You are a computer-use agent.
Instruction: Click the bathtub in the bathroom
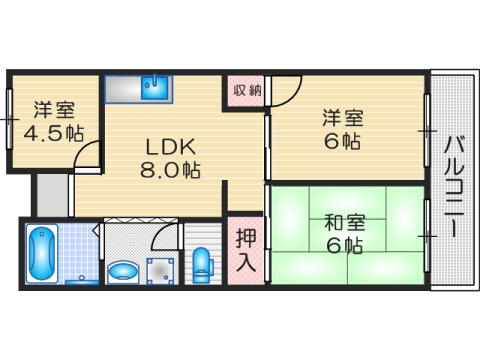[x=42, y=254]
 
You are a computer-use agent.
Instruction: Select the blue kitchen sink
[x=155, y=87]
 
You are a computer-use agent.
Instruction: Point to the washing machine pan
[x=160, y=271]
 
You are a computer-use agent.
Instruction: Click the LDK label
[x=170, y=147]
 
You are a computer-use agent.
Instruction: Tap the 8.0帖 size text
[x=170, y=170]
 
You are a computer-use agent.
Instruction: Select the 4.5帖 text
[x=53, y=133]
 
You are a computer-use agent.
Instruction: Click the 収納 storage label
[x=247, y=90]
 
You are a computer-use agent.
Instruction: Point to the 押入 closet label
[x=246, y=250]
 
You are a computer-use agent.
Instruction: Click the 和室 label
[x=345, y=223]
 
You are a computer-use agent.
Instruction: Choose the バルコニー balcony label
[x=454, y=187]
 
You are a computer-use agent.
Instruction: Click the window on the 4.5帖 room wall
[x=9, y=119]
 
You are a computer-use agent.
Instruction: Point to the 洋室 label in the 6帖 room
[x=343, y=118]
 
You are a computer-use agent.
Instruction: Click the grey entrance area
[x=52, y=195]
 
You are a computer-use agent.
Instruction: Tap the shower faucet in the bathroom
[x=82, y=280]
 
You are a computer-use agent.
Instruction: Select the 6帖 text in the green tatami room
[x=344, y=246]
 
